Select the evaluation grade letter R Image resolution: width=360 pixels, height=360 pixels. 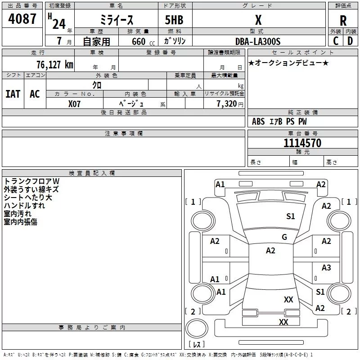(x=343, y=21)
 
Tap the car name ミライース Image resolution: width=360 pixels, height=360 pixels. (x=116, y=20)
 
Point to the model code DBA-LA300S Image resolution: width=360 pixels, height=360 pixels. (x=258, y=41)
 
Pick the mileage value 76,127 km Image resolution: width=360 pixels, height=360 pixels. (x=54, y=64)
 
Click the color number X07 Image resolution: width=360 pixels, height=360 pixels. (x=75, y=103)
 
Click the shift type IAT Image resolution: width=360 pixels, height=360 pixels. (x=13, y=94)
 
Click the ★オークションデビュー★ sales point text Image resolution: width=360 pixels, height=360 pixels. (x=288, y=63)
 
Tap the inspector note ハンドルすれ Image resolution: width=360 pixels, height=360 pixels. (x=24, y=206)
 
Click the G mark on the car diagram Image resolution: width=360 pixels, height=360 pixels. (x=284, y=237)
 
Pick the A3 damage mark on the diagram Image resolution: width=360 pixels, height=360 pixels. (x=326, y=268)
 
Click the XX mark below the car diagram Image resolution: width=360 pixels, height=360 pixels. (x=283, y=322)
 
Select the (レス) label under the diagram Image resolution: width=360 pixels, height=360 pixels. (x=197, y=345)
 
